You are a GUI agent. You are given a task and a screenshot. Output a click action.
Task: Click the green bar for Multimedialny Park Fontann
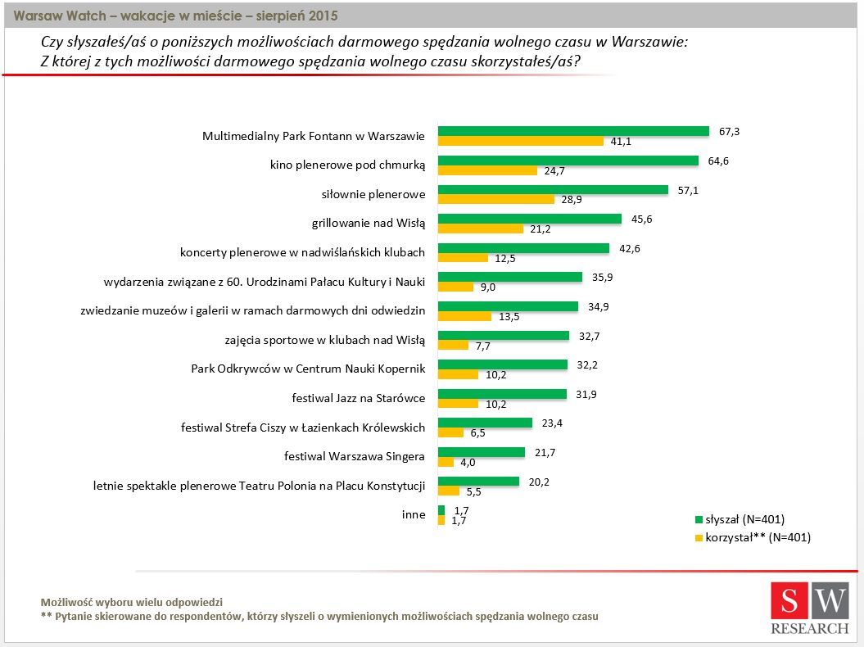pos(573,131)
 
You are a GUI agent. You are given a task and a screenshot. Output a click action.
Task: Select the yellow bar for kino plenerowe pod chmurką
pos(487,170)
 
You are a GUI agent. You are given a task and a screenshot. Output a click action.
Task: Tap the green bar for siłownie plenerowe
pos(553,190)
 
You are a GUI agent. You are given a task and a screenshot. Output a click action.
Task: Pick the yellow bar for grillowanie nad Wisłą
pos(480,228)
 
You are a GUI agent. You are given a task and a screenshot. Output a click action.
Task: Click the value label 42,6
pos(630,248)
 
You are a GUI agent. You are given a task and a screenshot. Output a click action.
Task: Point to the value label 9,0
pos(489,287)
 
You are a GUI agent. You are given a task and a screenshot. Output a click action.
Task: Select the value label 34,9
pos(600,306)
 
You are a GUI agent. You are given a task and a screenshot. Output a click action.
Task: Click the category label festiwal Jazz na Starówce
pos(358,399)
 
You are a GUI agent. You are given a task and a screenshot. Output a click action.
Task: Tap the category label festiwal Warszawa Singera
pos(354,456)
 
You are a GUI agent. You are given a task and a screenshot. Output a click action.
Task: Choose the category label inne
pos(414,514)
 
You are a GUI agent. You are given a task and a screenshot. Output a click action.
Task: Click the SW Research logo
pos(809,609)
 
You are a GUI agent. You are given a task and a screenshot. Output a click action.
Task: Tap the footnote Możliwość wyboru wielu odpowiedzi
pos(131,601)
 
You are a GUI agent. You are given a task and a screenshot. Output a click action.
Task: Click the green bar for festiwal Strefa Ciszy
pos(486,423)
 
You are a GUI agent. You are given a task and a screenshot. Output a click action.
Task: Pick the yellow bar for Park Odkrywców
pos(458,374)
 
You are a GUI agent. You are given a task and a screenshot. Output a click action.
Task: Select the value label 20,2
pos(538,482)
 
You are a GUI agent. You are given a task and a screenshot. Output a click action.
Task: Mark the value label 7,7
pos(483,346)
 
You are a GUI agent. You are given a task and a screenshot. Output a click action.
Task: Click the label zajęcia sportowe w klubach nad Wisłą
pos(325,340)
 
